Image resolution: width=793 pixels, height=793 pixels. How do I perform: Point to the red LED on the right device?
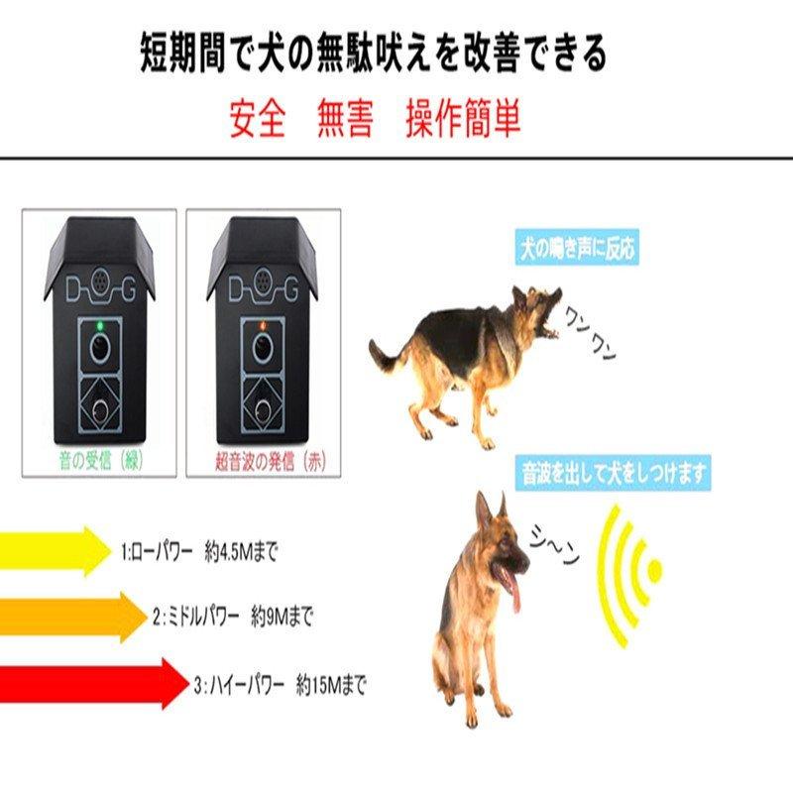point(263,324)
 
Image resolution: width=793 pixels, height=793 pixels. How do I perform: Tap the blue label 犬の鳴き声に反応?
point(577,249)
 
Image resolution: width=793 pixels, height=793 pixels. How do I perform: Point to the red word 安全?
point(258,120)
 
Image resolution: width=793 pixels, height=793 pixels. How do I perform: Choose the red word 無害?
point(345,120)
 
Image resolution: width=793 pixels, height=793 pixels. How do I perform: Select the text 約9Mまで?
point(282,619)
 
